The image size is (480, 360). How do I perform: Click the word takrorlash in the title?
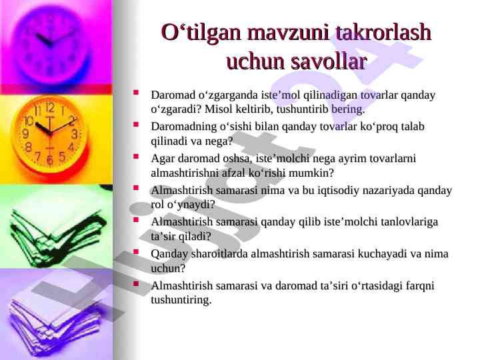point(383,32)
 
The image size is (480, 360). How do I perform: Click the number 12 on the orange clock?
point(50,108)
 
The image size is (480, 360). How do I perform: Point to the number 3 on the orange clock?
point(75,134)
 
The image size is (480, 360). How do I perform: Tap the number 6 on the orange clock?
point(50,159)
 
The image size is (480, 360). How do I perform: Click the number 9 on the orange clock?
point(26,133)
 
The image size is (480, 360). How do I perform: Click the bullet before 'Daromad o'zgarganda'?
point(136,92)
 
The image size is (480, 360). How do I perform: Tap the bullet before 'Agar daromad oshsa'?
point(136,156)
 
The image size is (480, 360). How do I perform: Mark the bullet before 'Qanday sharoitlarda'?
point(136,251)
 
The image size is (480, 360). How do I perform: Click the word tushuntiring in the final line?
point(181,300)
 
